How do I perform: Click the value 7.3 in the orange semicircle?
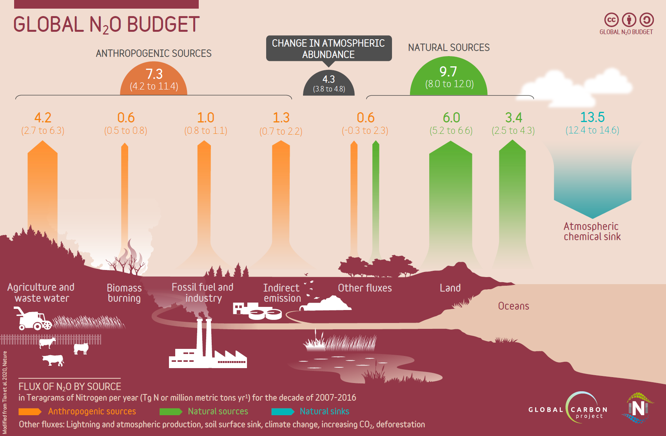(x=154, y=74)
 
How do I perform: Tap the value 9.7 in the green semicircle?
(x=448, y=72)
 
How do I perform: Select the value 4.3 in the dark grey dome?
(x=328, y=79)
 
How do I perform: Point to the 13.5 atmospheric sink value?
(x=592, y=117)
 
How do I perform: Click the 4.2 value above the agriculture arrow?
(x=43, y=118)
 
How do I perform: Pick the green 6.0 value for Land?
(x=451, y=118)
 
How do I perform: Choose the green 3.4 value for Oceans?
(x=514, y=118)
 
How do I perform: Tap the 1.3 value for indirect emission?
(x=281, y=118)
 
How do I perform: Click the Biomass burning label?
(x=124, y=293)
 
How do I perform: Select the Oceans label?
(x=514, y=306)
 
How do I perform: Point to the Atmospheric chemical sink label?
(x=592, y=232)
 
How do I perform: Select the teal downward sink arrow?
(x=592, y=184)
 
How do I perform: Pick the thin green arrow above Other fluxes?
(x=376, y=196)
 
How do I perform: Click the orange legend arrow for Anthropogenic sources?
(x=30, y=412)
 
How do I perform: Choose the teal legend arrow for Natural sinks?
(x=283, y=412)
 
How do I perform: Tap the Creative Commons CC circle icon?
(x=611, y=20)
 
